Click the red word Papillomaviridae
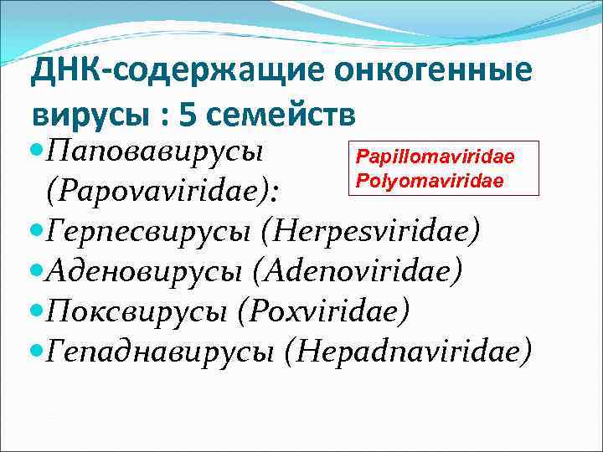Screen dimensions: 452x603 [x=435, y=157]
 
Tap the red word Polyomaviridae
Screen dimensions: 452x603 [x=430, y=180]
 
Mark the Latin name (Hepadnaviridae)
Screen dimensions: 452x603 [x=408, y=352]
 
